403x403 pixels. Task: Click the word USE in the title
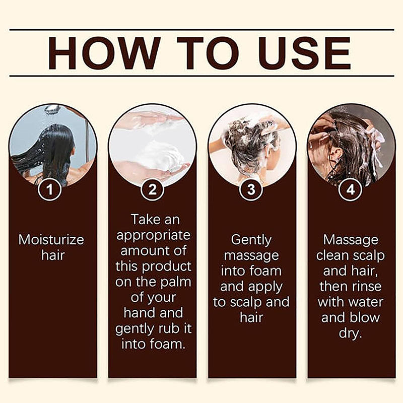tap(304, 53)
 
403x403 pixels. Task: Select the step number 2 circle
tap(153, 190)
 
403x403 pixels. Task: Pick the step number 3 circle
tap(252, 190)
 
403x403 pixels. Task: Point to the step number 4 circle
tap(351, 190)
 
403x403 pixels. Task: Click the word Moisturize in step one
tap(51, 239)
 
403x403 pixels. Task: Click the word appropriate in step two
tap(153, 235)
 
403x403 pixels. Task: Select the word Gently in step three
tap(251, 240)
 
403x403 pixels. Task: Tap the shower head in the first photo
tap(52, 109)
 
